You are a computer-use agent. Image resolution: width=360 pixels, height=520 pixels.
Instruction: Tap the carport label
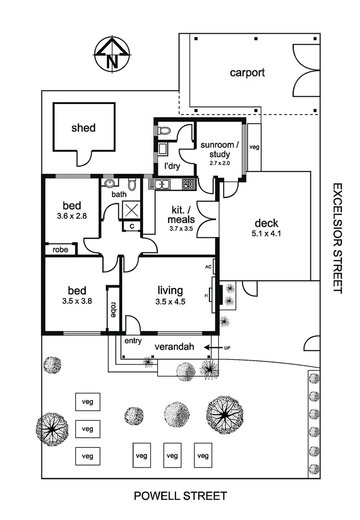(x=247, y=73)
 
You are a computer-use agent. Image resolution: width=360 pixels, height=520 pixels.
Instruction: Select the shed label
(x=83, y=128)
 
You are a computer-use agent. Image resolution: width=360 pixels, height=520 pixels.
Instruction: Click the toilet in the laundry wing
(x=165, y=130)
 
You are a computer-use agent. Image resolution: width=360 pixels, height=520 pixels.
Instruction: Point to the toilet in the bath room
(x=132, y=184)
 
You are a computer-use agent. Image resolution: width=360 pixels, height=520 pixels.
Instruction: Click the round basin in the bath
(x=109, y=183)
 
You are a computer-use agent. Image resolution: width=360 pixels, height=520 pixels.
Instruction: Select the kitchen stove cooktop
(x=187, y=183)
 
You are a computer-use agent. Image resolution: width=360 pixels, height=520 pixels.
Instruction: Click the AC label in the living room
(x=208, y=266)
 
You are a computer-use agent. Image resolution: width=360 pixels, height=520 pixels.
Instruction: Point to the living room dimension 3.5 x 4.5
(x=170, y=302)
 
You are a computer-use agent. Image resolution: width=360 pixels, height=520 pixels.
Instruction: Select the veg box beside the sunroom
(x=254, y=147)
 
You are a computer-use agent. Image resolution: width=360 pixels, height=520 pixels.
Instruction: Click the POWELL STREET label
(x=180, y=496)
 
